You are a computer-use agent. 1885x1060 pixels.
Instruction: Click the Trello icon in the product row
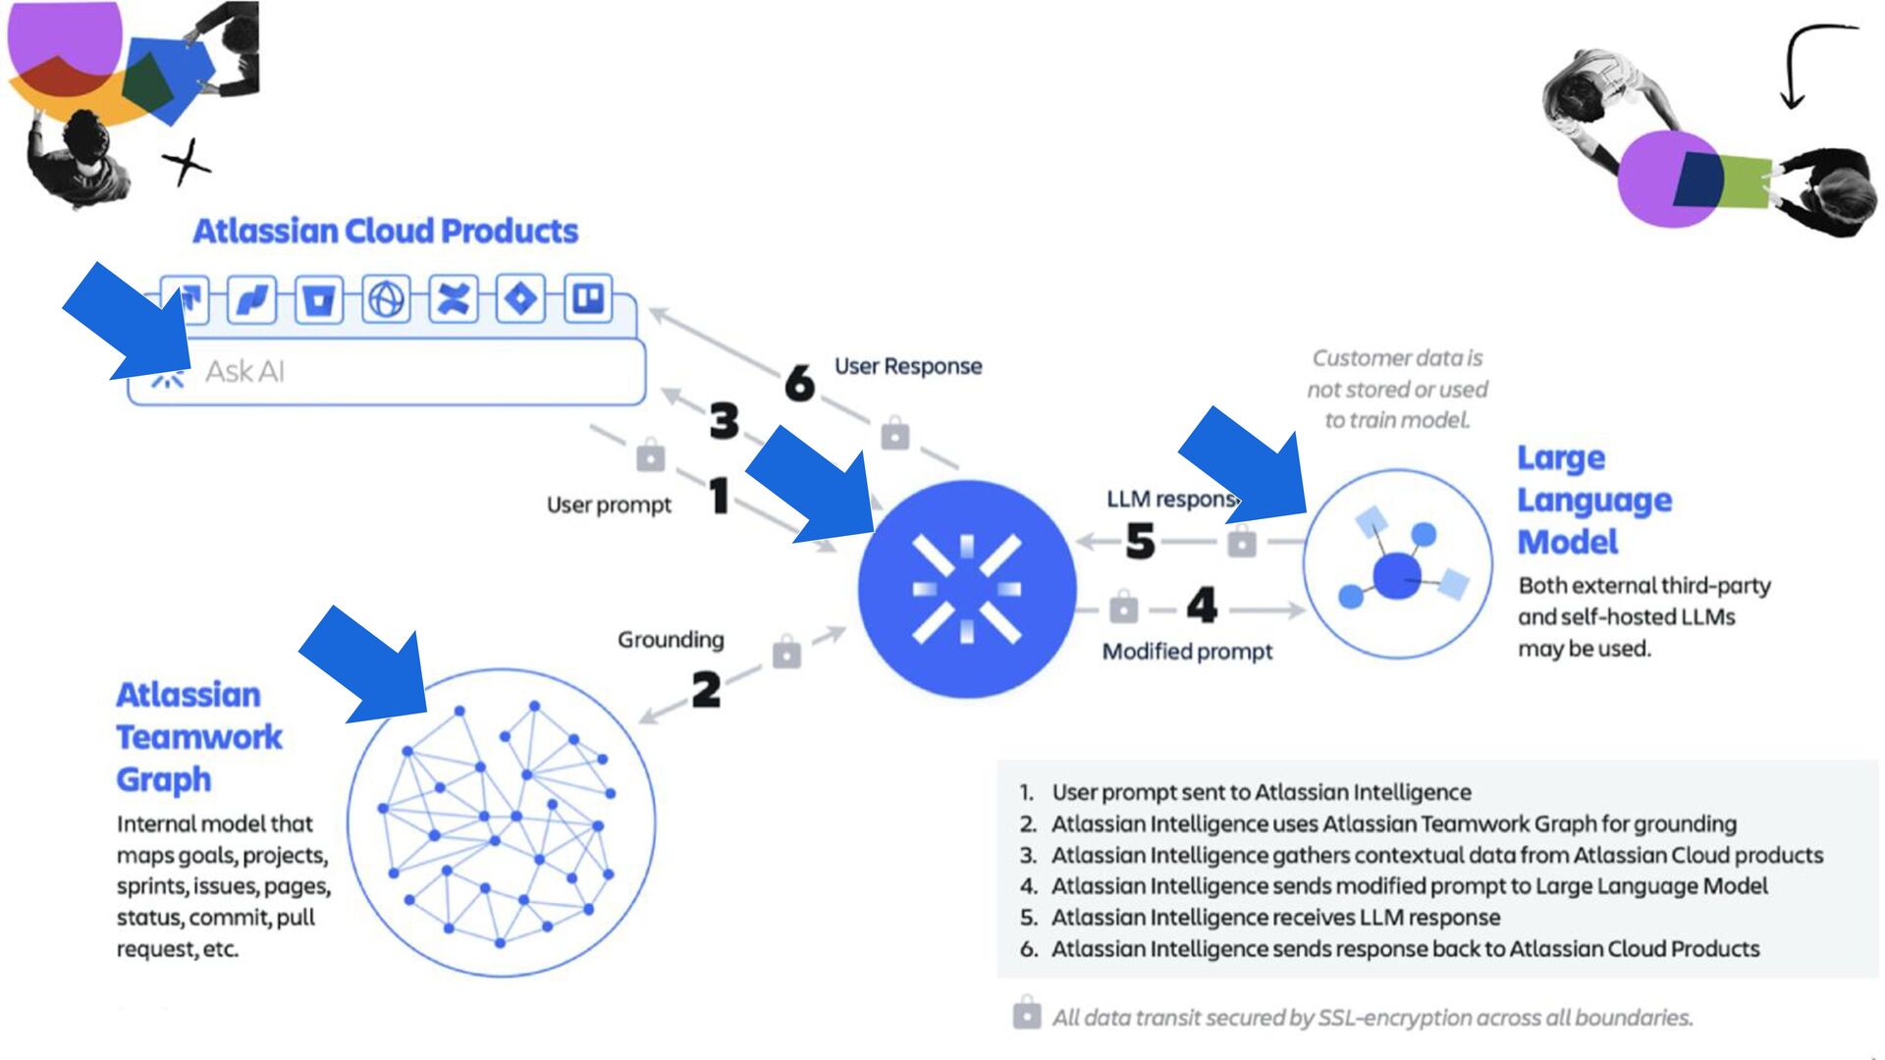click(x=588, y=298)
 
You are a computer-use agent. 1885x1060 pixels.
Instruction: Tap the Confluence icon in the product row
click(x=453, y=298)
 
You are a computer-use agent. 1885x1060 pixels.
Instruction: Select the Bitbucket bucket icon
click(x=318, y=299)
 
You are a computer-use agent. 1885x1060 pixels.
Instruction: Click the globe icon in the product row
click(x=386, y=298)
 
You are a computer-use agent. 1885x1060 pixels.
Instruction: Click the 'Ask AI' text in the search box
click(x=244, y=372)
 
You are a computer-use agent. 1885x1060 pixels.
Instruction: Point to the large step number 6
click(x=799, y=382)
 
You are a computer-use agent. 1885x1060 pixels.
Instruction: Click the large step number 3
click(x=725, y=421)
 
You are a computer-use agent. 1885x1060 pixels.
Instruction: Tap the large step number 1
click(x=720, y=495)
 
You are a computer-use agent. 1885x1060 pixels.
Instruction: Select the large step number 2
click(x=706, y=690)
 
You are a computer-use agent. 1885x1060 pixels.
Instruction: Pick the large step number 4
click(x=1202, y=606)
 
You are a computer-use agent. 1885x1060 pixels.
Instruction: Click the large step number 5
click(x=1140, y=541)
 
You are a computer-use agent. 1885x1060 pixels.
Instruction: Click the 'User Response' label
click(x=908, y=366)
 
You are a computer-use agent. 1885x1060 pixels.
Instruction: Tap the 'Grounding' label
click(x=671, y=640)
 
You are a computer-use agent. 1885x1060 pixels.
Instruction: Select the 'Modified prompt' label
click(x=1187, y=652)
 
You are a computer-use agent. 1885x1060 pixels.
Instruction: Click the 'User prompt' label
click(x=609, y=504)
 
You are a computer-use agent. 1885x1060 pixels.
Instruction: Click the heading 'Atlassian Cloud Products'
click(x=385, y=231)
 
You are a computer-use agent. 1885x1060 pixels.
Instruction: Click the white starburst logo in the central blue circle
click(x=967, y=589)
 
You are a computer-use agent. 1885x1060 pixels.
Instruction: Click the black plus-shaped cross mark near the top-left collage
click(x=187, y=161)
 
